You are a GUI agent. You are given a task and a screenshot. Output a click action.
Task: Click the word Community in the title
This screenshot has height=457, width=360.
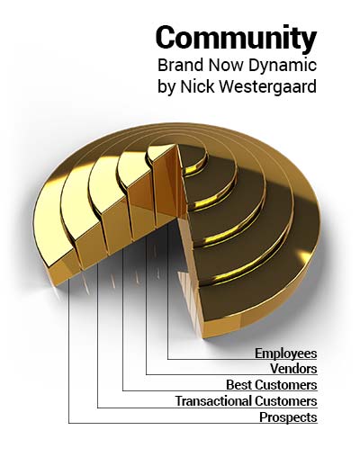click(236, 38)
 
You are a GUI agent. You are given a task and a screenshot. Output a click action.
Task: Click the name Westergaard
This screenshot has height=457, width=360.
click(268, 87)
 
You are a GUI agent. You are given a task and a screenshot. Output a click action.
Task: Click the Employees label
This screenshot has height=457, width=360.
click(286, 354)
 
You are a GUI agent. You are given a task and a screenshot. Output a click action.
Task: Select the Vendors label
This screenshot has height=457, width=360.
click(293, 369)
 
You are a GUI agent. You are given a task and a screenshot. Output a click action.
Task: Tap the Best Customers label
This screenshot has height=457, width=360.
click(272, 385)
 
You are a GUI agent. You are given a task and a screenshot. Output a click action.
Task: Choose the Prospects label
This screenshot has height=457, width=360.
click(288, 417)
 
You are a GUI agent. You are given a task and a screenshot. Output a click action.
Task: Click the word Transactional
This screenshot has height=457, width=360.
click(213, 401)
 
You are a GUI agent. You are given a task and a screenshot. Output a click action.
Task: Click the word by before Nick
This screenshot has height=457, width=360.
click(166, 87)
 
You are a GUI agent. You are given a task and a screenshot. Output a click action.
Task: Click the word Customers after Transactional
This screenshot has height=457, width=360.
click(286, 401)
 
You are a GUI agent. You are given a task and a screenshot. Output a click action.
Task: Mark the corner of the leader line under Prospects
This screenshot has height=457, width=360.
click(69, 423)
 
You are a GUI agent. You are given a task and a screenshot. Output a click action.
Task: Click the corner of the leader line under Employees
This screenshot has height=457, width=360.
click(168, 359)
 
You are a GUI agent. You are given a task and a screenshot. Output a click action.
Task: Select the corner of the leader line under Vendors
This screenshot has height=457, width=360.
click(147, 374)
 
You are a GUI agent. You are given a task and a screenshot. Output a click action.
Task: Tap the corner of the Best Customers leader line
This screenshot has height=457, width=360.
click(123, 390)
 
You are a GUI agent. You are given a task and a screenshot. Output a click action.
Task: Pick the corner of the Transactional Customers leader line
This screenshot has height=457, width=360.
click(98, 408)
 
